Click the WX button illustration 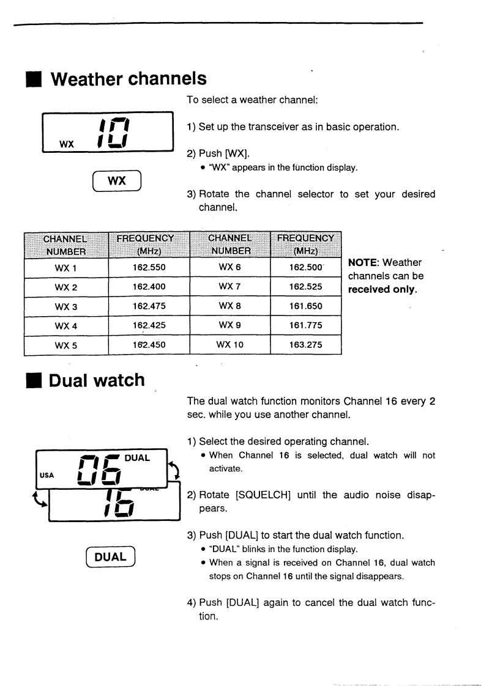tap(117, 181)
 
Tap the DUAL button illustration tap(110, 557)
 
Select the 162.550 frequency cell tap(149, 267)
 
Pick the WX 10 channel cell tap(230, 345)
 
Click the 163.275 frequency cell tap(305, 345)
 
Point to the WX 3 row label tap(65, 307)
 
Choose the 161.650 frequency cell tap(305, 306)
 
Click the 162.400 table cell tap(149, 287)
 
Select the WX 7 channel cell tap(230, 287)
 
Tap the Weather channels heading tap(129, 79)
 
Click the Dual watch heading tap(97, 380)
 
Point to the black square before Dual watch tap(34, 381)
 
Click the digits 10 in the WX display tap(113, 132)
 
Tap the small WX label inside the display tap(67, 144)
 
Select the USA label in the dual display tap(47, 475)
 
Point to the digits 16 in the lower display tap(119, 504)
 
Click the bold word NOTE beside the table tap(363, 262)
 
